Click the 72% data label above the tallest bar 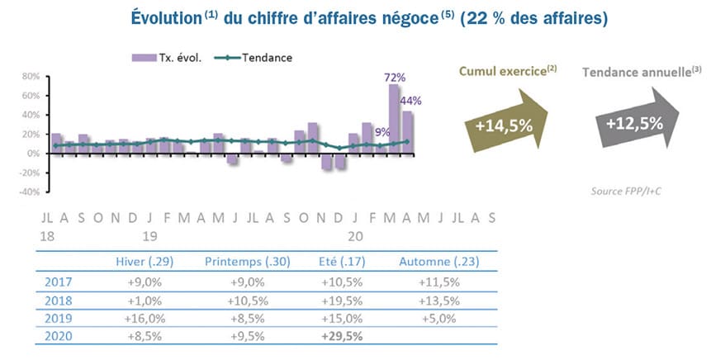click(x=394, y=78)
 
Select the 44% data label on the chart click(x=411, y=101)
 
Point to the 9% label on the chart click(x=382, y=130)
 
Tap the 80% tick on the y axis click(x=31, y=76)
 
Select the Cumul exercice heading click(x=507, y=72)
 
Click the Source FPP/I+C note click(x=628, y=192)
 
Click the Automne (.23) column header click(x=438, y=262)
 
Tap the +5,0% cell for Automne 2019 click(x=438, y=318)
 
